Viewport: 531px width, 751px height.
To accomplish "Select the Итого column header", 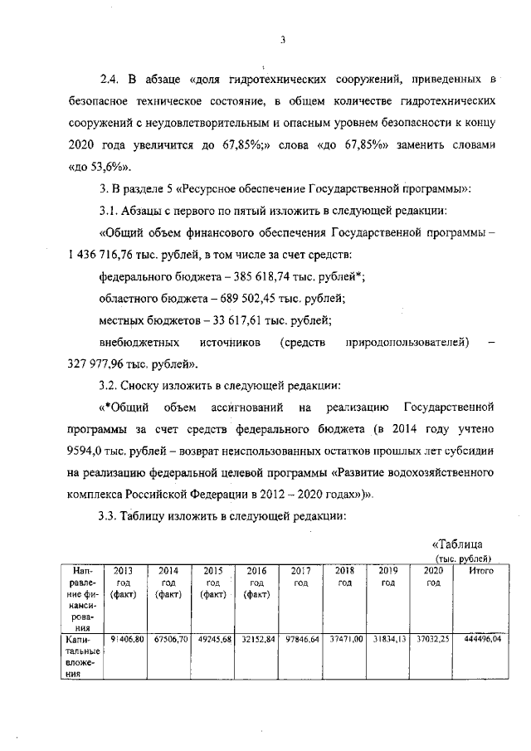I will (480, 571).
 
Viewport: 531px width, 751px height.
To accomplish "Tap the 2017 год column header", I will (300, 577).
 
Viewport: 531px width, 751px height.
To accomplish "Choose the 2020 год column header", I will (432, 577).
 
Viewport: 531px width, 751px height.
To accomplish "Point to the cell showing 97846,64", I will (301, 640).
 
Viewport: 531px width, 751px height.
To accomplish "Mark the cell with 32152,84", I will (257, 640).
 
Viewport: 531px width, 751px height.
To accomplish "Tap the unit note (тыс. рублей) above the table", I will (465, 558).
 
